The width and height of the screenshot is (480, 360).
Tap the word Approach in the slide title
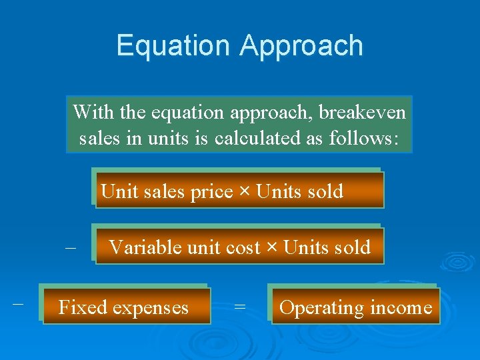[x=301, y=47]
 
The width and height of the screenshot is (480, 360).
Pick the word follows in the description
[x=364, y=139]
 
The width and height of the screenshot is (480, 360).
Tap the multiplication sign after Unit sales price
[x=245, y=192]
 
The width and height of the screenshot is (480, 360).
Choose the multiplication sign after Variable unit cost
[x=272, y=247]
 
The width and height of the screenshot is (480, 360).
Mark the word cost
[x=243, y=247]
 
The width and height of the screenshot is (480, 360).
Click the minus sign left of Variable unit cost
[x=71, y=247]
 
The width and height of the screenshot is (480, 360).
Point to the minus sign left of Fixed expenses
[x=18, y=303]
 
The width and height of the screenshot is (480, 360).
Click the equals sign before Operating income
[x=240, y=307]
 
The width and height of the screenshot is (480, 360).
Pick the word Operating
[x=321, y=308]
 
